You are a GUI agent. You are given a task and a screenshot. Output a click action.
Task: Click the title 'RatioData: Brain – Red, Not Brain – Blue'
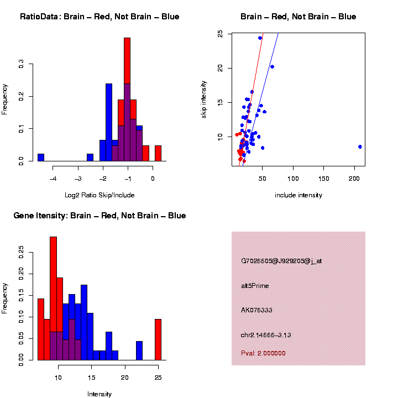pyautogui.click(x=99, y=17)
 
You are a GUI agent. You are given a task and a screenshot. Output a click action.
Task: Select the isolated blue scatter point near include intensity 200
pyautogui.click(x=360, y=146)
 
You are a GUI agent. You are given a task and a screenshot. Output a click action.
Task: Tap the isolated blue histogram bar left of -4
pyautogui.click(x=41, y=158)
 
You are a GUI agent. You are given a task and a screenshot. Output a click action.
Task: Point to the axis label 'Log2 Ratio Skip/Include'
pyautogui.click(x=99, y=195)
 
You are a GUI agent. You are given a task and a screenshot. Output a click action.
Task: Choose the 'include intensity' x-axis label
pyautogui.click(x=298, y=195)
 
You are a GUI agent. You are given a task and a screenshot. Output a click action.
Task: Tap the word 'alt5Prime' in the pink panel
pyautogui.click(x=255, y=286)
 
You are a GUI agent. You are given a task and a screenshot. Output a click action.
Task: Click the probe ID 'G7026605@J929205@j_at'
pyautogui.click(x=281, y=261)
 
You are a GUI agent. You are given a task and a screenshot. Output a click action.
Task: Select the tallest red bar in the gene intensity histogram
pyautogui.click(x=53, y=298)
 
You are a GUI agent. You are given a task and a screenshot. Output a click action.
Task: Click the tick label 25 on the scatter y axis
pyautogui.click(x=221, y=34)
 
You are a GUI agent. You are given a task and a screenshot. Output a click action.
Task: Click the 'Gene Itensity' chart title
pyautogui.click(x=99, y=216)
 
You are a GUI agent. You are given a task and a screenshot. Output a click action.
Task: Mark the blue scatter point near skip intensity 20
pyautogui.click(x=272, y=66)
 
